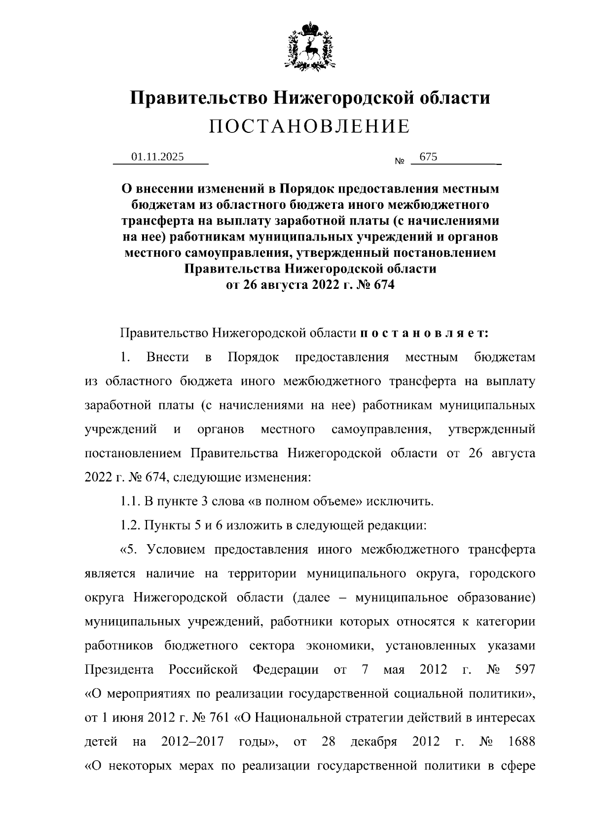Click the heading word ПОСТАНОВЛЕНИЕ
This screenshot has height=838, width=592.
point(309,126)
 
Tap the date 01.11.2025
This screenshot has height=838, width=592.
point(157,157)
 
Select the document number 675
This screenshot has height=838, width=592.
point(427,157)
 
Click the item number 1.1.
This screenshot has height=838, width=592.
point(131,502)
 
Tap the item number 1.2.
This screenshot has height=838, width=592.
point(131,525)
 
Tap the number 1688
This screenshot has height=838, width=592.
point(521,742)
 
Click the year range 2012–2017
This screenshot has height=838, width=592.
point(192,742)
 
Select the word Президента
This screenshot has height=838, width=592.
point(119,670)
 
